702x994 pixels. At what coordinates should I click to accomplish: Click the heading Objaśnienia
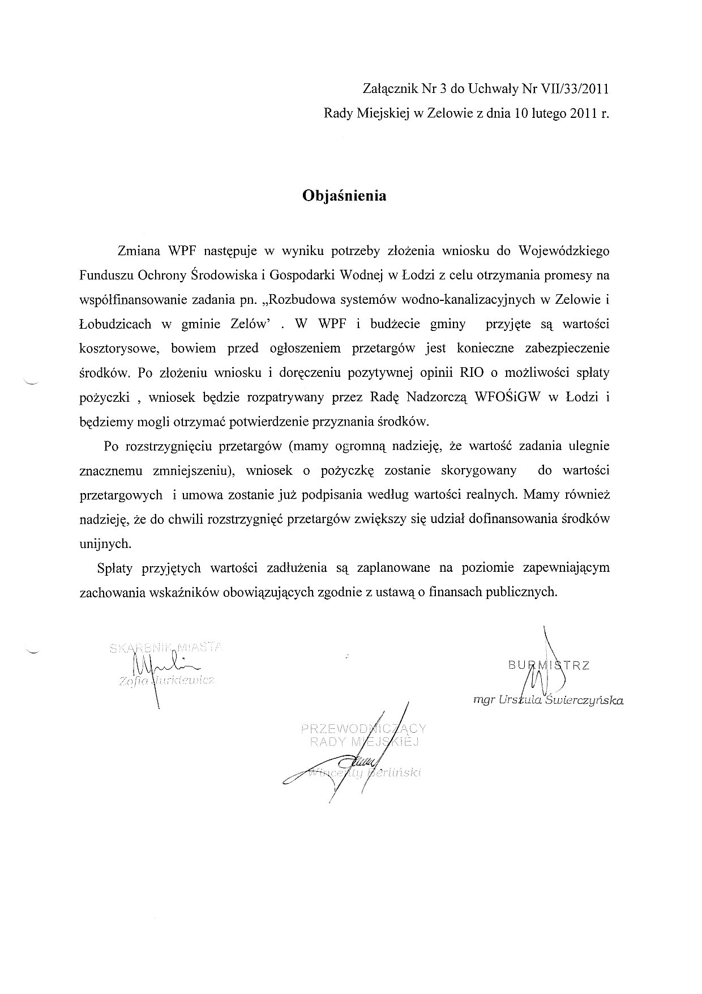click(344, 196)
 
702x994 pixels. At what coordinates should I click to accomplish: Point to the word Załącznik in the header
click(390, 89)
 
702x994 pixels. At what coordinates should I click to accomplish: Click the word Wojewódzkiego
click(564, 250)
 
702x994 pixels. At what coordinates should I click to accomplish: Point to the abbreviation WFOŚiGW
click(510, 397)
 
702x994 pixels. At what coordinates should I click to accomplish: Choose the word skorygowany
click(480, 470)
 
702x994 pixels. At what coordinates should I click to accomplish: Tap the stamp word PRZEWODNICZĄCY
click(363, 728)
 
